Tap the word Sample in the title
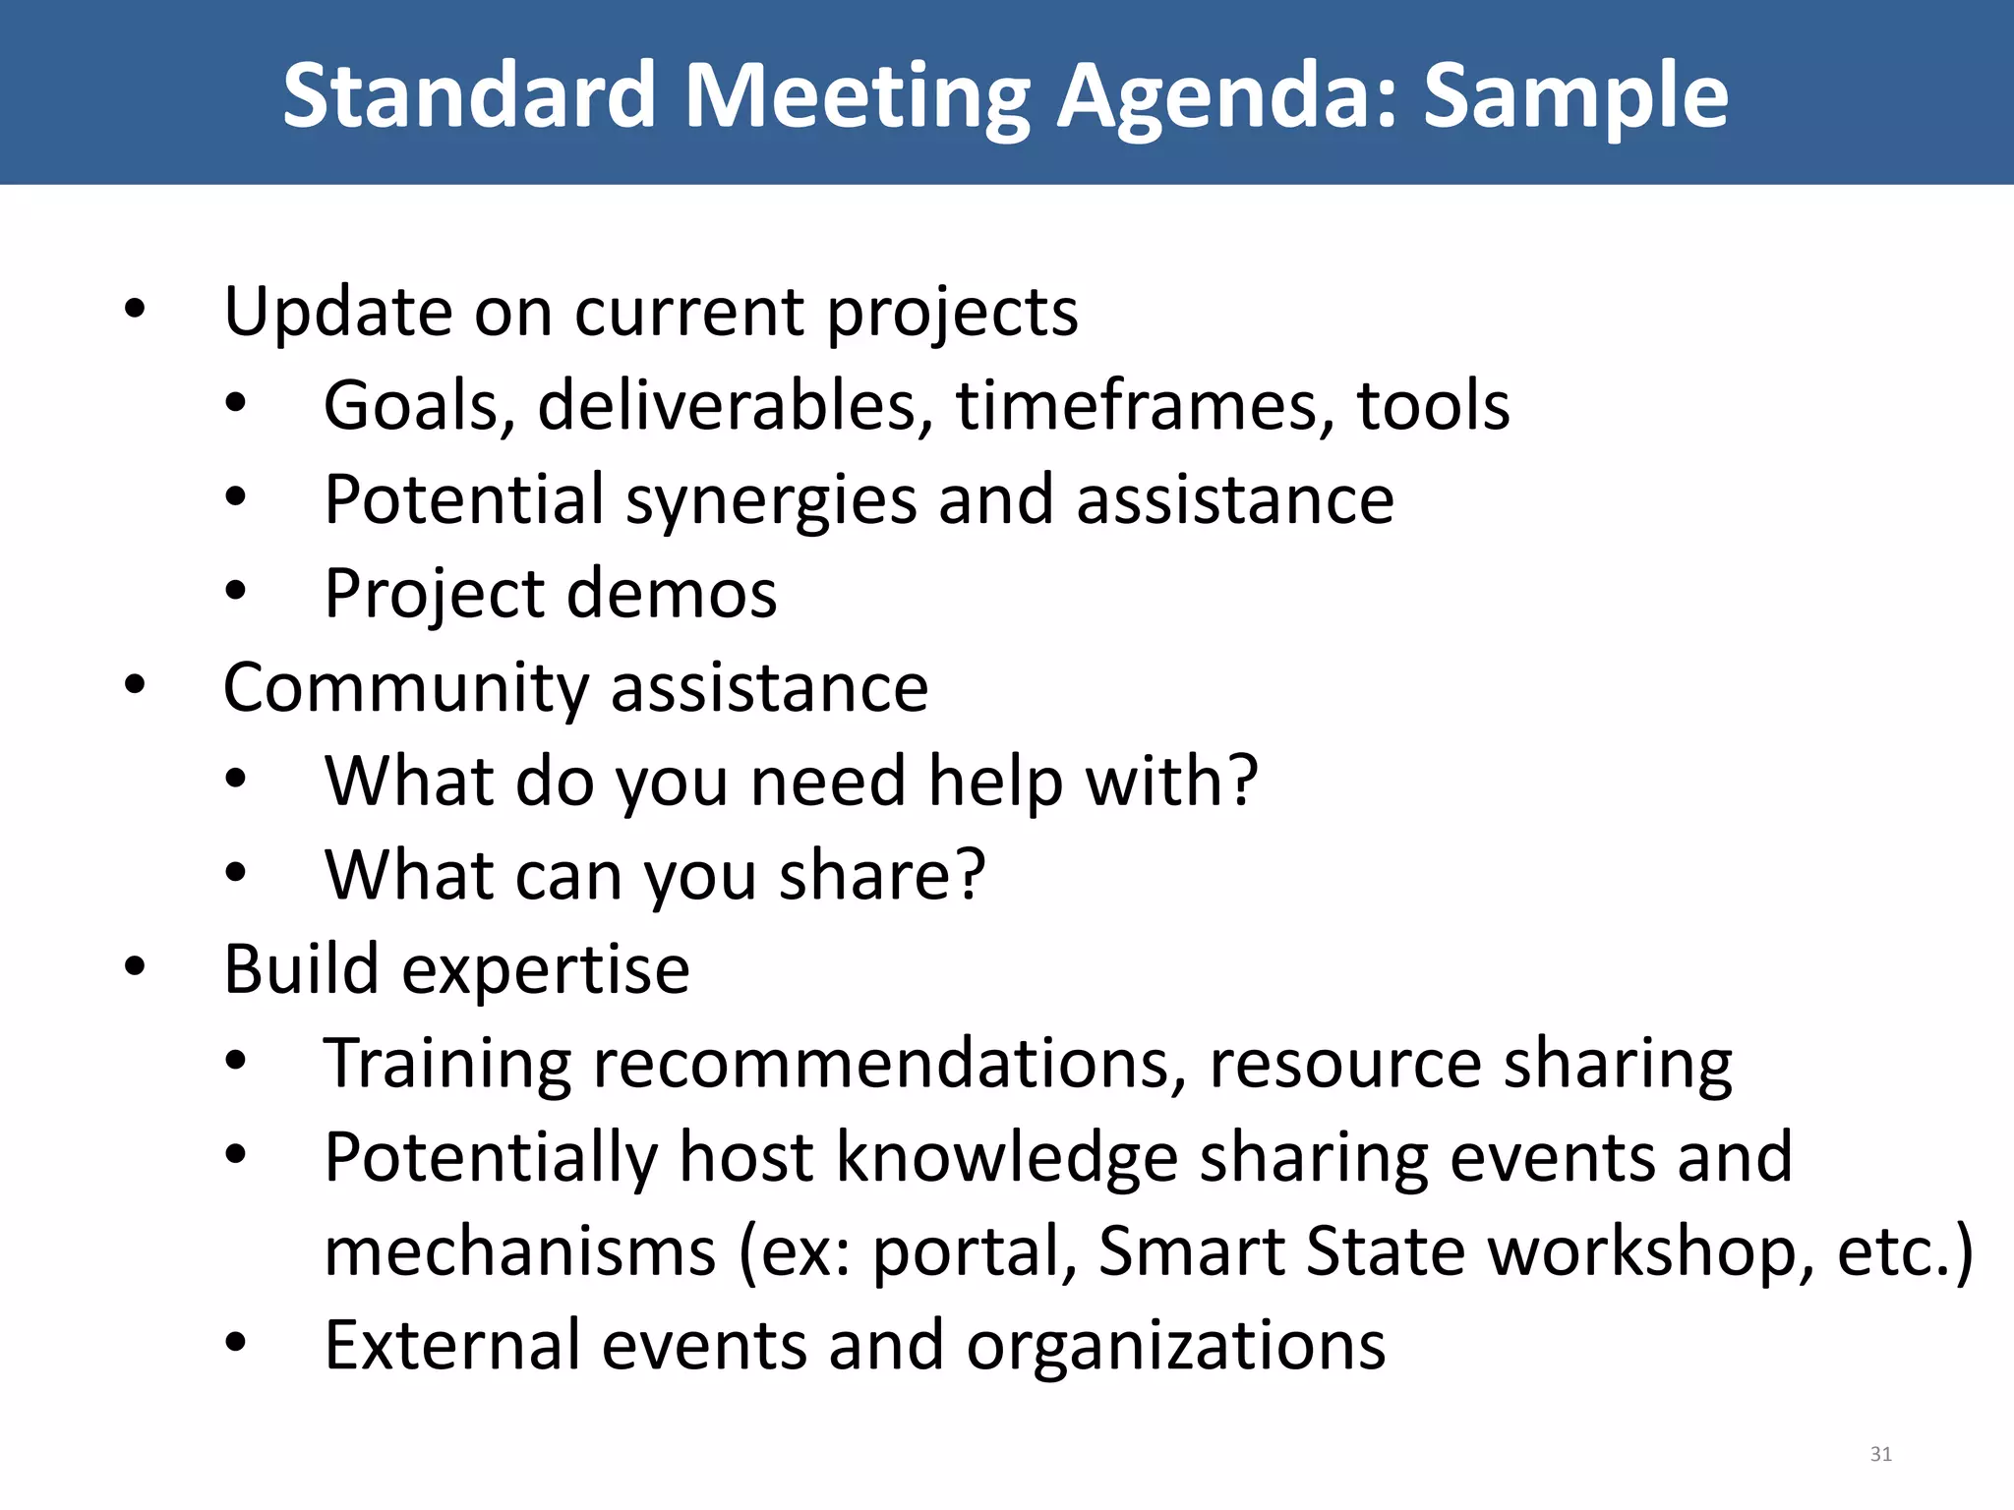click(1575, 96)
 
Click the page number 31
click(1880, 1454)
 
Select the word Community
click(404, 688)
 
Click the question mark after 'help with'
click(1241, 781)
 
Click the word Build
click(301, 969)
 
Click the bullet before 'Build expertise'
click(135, 965)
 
